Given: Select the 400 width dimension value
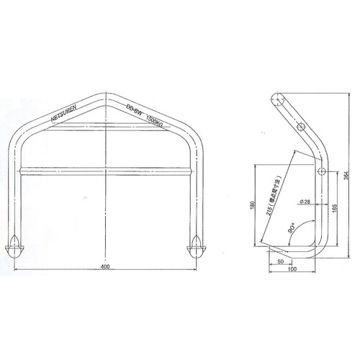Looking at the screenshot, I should point(106,267).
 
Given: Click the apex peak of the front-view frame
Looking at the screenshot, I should point(106,94).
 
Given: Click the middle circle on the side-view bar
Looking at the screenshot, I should point(322,171).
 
